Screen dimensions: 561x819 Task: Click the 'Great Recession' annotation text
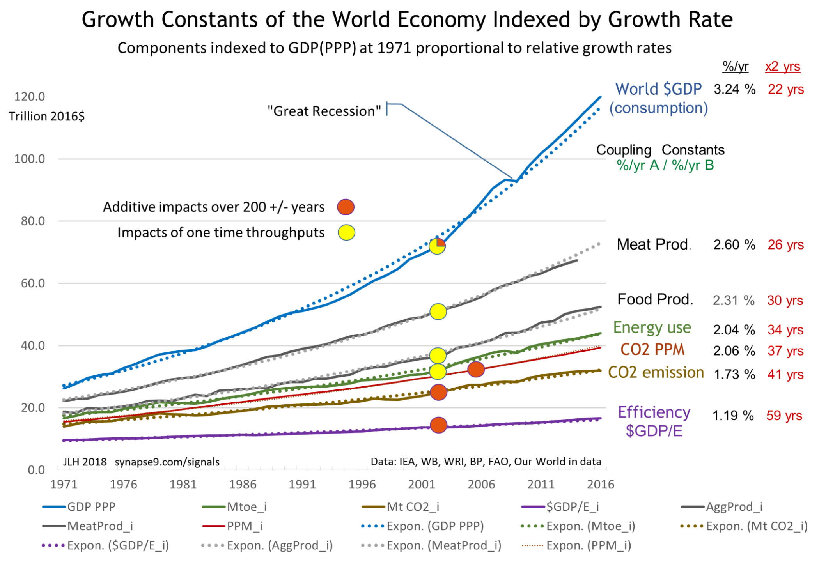click(x=324, y=111)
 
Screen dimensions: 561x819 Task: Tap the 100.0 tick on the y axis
click(x=30, y=159)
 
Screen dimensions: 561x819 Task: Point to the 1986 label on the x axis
click(x=243, y=484)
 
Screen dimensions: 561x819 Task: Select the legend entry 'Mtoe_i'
click(x=246, y=507)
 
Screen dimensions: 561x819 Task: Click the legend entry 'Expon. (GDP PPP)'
click(x=435, y=526)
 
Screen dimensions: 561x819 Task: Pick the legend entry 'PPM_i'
click(x=245, y=526)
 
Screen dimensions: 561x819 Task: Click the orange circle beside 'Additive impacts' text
click(x=346, y=207)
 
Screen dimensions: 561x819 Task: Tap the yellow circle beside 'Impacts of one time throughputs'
click(x=346, y=233)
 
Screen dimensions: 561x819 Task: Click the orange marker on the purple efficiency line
click(x=438, y=425)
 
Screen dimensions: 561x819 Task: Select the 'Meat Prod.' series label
click(x=652, y=244)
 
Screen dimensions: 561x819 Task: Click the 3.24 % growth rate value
click(x=734, y=89)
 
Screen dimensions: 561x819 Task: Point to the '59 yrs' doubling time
click(x=784, y=416)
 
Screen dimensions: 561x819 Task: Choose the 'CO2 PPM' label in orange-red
click(x=652, y=350)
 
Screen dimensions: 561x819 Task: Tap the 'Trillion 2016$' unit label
click(x=47, y=117)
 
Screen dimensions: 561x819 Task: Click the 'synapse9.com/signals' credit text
click(x=167, y=462)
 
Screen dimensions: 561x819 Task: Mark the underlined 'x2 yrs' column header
click(x=782, y=67)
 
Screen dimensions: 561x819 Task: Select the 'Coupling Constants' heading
click(x=660, y=150)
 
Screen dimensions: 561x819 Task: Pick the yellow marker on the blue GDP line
click(x=437, y=246)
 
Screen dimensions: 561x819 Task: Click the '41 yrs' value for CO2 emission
click(x=785, y=375)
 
